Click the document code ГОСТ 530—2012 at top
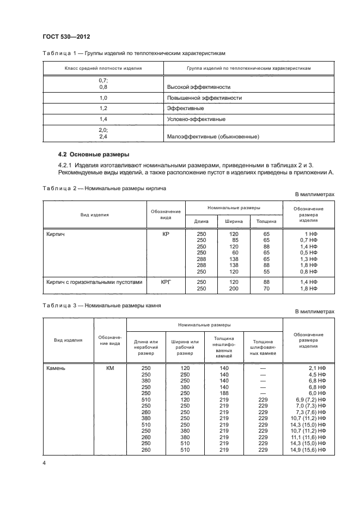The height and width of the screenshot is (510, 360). (66, 37)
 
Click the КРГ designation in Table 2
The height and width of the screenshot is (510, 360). (166, 282)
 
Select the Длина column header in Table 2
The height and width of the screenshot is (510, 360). (201, 221)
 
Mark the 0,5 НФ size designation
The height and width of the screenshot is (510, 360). (309, 253)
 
